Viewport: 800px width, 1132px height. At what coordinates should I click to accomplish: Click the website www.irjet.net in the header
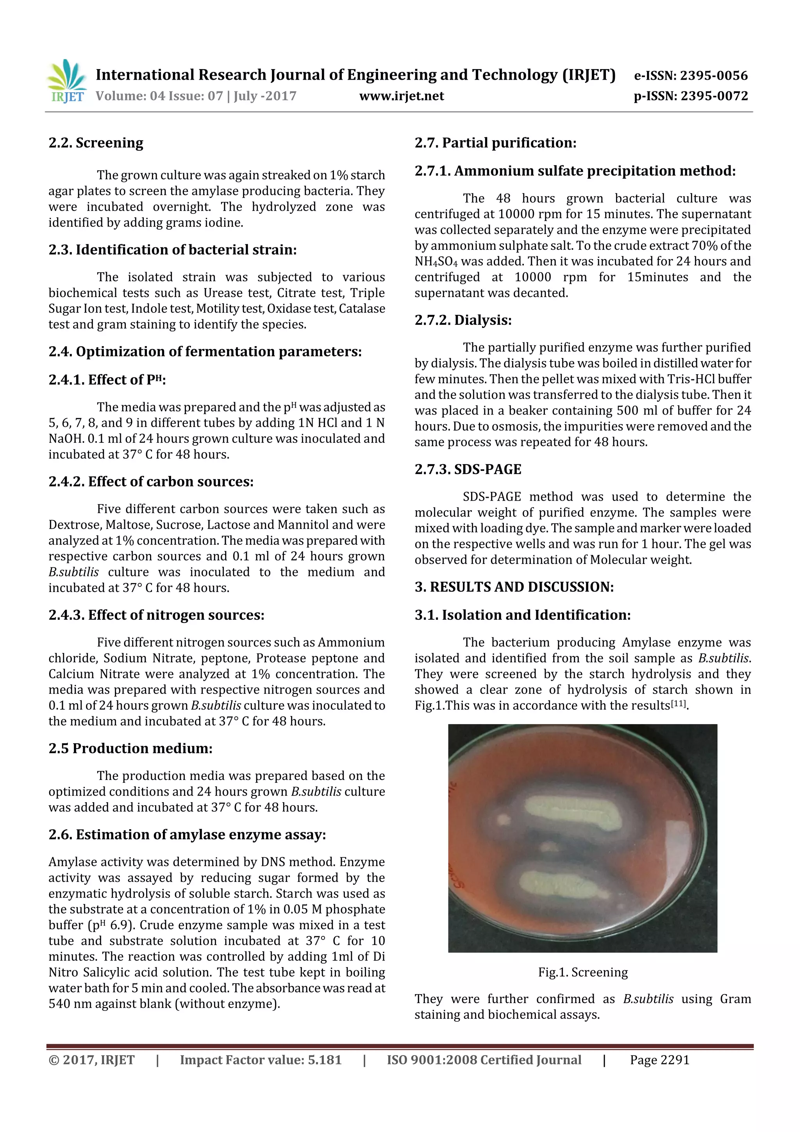click(401, 96)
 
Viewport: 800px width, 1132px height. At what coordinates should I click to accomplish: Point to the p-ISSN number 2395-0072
click(714, 96)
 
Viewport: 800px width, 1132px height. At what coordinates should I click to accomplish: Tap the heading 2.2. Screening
click(96, 143)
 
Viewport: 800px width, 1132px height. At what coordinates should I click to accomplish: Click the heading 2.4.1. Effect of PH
click(107, 380)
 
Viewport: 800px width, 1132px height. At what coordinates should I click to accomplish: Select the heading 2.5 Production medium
click(130, 748)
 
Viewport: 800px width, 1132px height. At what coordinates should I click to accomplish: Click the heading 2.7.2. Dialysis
click(463, 320)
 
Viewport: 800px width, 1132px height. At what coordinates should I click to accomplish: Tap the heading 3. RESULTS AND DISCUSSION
click(514, 587)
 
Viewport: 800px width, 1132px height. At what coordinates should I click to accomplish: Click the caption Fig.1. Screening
click(583, 972)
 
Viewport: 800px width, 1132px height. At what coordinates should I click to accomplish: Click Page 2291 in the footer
click(659, 1060)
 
